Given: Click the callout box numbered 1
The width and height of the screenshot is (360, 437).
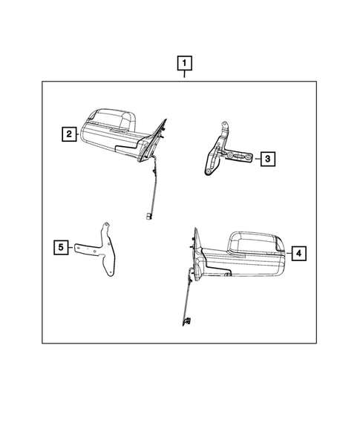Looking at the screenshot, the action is pos(185,63).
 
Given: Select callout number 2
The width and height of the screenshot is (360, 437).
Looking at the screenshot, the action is pos(69,134).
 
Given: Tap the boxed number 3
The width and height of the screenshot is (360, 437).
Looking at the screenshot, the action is pos(268,159).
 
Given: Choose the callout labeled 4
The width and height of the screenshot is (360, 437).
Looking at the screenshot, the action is pos(298,253).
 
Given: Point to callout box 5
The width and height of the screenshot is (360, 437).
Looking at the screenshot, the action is pos(61,247).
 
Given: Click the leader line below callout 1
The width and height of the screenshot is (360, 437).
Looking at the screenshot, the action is pos(184,74).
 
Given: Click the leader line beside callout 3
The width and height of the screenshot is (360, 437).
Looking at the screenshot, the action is pos(258,159).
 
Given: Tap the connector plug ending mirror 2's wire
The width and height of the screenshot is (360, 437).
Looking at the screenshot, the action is pos(148,216).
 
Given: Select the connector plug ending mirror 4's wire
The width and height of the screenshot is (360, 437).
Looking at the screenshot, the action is pos(187,321).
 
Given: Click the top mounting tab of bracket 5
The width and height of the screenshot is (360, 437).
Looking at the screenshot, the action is pos(105,228).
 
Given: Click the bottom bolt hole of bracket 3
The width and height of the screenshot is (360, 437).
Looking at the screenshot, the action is pos(208,171).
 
